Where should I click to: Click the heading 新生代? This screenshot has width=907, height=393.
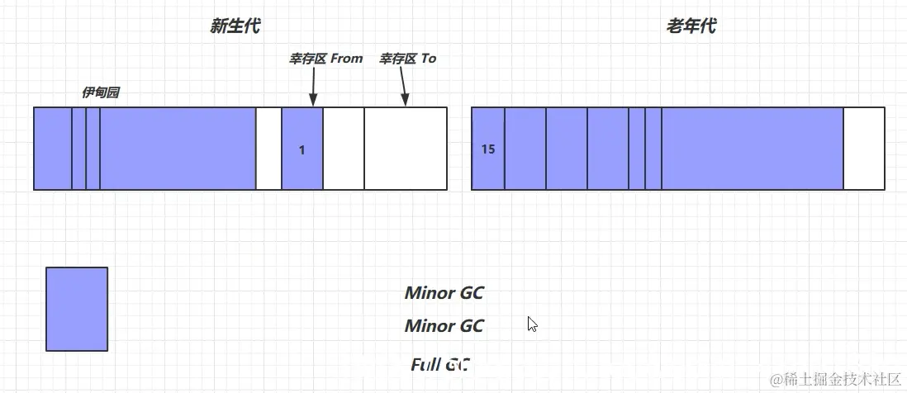235,26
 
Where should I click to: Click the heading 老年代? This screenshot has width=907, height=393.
691,26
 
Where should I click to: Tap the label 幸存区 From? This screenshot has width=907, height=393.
325,59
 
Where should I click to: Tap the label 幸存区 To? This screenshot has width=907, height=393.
407,59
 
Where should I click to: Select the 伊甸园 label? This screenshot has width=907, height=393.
100,92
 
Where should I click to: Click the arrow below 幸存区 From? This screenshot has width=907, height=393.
313,87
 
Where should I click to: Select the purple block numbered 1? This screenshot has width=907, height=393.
302,149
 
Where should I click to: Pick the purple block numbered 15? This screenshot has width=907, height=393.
487,149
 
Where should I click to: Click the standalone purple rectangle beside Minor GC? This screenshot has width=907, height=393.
77,309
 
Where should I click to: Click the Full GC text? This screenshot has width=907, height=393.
439,364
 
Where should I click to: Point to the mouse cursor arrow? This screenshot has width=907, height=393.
532,324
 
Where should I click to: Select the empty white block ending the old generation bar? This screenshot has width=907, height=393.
863,149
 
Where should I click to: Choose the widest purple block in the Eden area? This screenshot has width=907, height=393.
178,149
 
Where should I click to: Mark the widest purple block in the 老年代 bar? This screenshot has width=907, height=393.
752,149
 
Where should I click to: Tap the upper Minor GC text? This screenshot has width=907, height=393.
444,292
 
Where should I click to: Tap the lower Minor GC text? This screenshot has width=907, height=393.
444,326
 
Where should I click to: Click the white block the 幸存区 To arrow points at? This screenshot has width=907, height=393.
405,149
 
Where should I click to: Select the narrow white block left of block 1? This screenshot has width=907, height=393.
268,149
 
